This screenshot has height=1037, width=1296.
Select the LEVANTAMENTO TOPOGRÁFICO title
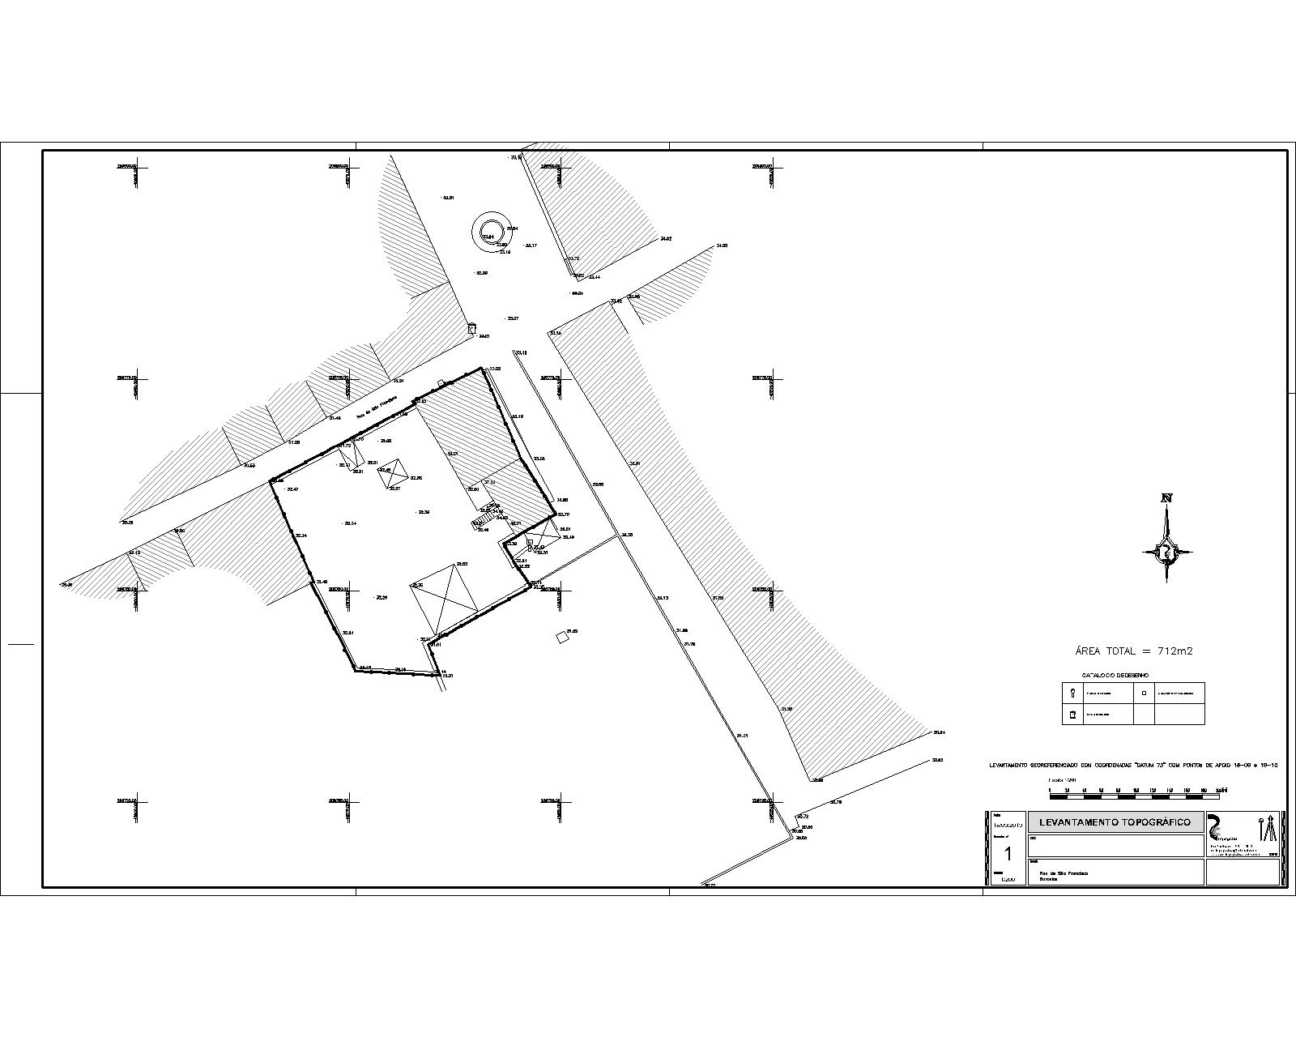[x=1115, y=822]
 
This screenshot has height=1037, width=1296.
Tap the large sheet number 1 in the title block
[x=1008, y=854]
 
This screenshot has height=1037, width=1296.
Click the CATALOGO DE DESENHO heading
[x=1115, y=675]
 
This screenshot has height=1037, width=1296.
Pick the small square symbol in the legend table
[x=1144, y=693]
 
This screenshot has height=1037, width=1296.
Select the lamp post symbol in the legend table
[x=1073, y=693]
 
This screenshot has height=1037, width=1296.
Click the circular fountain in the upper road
[x=489, y=233]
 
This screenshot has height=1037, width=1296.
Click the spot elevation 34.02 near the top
[x=666, y=239]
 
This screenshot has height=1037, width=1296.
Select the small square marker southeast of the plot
[x=562, y=638]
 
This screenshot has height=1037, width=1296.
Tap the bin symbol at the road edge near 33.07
[x=471, y=328]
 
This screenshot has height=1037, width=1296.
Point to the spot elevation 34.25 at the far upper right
[x=721, y=245]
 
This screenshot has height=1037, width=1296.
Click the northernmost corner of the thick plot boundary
[x=484, y=369]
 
